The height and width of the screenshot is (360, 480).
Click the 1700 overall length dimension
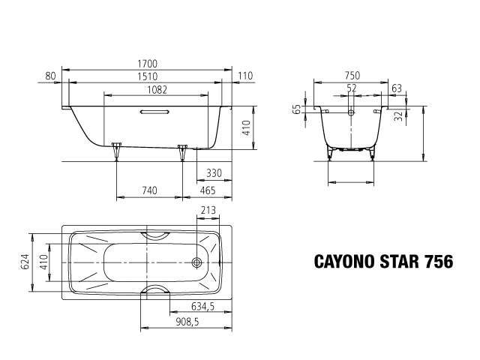(x=147, y=64)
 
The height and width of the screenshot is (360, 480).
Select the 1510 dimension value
(x=147, y=76)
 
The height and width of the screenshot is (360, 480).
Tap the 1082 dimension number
(x=157, y=90)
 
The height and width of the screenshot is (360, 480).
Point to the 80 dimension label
(x=51, y=76)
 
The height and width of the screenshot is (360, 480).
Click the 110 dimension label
(x=245, y=76)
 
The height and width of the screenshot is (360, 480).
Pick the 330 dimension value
(x=214, y=173)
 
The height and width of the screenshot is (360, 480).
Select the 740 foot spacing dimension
(x=149, y=190)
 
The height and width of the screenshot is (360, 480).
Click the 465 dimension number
(x=208, y=190)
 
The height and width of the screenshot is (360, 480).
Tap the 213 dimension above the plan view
(x=208, y=210)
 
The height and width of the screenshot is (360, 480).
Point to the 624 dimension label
(x=25, y=262)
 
